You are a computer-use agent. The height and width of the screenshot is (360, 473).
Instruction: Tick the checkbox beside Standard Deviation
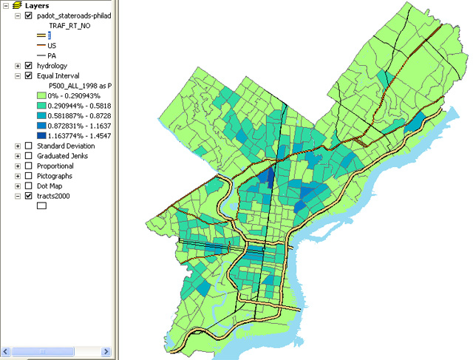tap(29, 146)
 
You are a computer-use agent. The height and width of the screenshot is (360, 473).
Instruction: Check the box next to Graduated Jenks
tap(29, 156)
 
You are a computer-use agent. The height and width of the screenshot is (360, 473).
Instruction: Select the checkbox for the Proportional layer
tap(29, 166)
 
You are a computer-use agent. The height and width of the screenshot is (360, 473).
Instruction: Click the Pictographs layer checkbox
tap(29, 177)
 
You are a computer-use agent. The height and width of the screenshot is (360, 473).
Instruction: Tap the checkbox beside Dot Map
tap(29, 187)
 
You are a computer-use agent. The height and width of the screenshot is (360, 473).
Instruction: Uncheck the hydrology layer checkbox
tap(29, 66)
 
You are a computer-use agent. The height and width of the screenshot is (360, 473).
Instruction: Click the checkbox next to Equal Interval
tap(29, 75)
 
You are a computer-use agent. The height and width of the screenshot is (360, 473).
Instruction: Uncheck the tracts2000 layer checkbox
tap(29, 197)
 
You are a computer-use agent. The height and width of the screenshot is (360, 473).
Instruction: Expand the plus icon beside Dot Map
tap(18, 187)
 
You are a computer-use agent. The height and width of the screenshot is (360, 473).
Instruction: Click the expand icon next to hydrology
tap(18, 66)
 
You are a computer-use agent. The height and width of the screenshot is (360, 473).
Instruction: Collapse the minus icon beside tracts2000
tap(18, 197)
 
